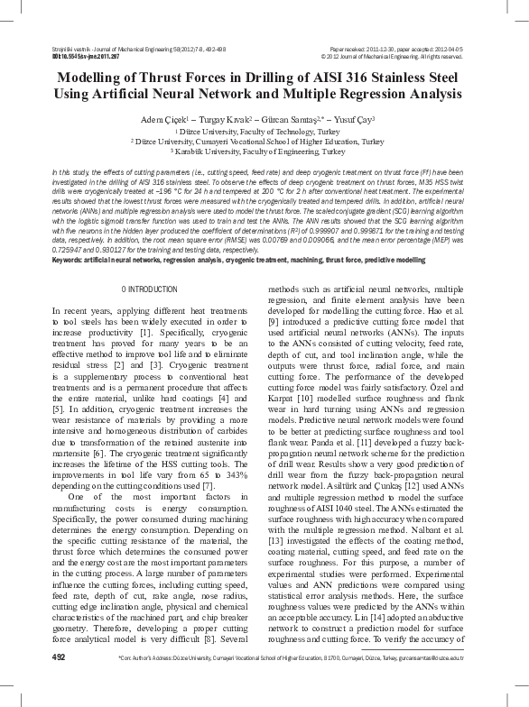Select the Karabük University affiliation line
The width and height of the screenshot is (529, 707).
pyautogui.click(x=264, y=152)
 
